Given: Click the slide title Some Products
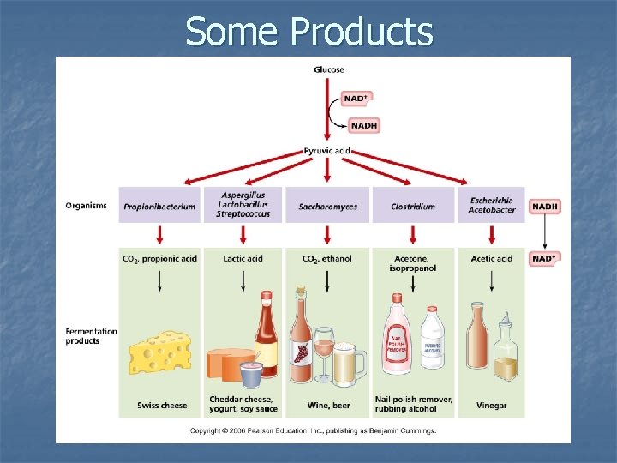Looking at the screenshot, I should [308, 32].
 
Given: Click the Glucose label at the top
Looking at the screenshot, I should [328, 70].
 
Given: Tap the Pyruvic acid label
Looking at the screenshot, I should [328, 151].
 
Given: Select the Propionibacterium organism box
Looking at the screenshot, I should [159, 206].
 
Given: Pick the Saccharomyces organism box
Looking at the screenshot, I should [327, 206].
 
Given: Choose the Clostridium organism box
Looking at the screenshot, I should [412, 206].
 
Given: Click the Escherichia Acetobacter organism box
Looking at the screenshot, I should [491, 206].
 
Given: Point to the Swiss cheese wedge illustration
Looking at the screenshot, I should [159, 354].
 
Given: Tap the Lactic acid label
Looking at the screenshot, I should [243, 258].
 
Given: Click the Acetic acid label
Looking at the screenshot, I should [492, 258].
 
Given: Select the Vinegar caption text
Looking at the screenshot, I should [492, 405].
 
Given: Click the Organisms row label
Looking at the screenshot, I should [87, 206].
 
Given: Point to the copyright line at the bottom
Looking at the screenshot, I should [313, 430].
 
